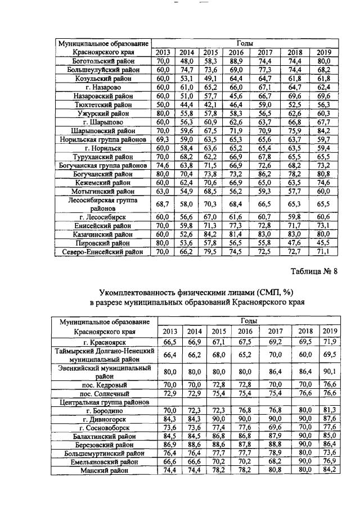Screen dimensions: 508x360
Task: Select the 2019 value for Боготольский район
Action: (x=323, y=61)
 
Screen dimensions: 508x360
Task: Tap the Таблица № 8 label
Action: (x=314, y=271)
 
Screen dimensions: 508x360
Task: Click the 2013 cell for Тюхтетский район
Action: (x=163, y=105)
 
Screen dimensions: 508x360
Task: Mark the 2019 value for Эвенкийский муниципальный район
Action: (x=330, y=372)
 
